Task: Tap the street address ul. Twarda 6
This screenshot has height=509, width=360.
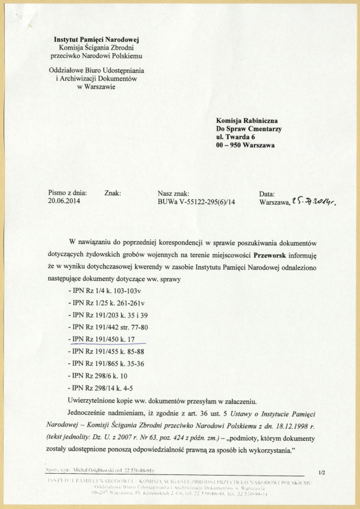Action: point(238,137)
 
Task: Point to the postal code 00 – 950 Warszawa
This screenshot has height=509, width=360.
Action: point(245,146)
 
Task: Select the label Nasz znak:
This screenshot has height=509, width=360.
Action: point(174,193)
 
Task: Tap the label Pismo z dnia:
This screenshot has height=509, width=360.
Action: point(67,193)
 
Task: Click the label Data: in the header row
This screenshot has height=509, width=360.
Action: point(267,193)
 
